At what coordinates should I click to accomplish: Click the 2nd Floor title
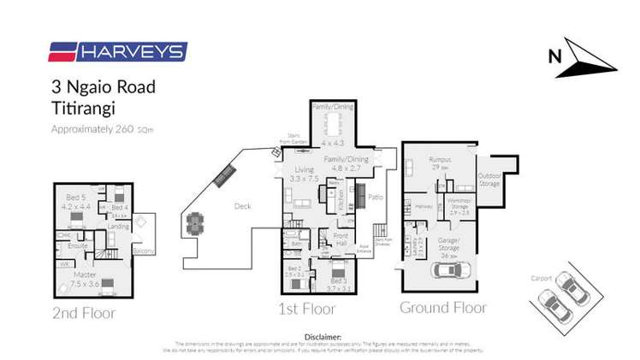click(84, 313)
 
